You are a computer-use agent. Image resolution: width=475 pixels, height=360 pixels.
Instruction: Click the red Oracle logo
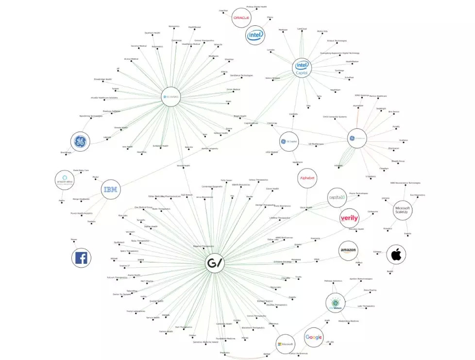coord(241,17)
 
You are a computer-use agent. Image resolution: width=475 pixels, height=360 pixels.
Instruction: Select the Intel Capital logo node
coord(302,68)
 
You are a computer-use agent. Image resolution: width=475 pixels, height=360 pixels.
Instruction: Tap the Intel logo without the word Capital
coord(255,35)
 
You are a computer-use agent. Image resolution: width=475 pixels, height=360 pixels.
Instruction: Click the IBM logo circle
coord(111,189)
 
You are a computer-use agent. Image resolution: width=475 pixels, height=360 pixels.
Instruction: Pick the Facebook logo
coord(81,257)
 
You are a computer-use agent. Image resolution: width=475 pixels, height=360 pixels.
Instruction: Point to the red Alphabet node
coord(307,178)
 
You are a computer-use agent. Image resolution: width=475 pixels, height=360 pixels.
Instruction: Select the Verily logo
coord(349,218)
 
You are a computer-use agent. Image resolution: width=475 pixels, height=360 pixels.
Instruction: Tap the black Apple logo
coord(396,254)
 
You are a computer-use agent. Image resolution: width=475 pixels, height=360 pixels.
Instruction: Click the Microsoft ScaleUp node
coord(403,209)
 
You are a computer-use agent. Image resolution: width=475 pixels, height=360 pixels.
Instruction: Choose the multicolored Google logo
coord(314,337)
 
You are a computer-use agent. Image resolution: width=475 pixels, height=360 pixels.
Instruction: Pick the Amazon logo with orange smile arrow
coord(348,251)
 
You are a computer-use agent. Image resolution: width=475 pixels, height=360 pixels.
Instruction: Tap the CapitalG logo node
coord(337,197)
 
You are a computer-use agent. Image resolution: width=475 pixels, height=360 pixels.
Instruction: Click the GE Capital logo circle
coord(288,141)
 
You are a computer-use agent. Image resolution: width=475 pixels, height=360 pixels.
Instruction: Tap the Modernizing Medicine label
coord(348,321)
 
